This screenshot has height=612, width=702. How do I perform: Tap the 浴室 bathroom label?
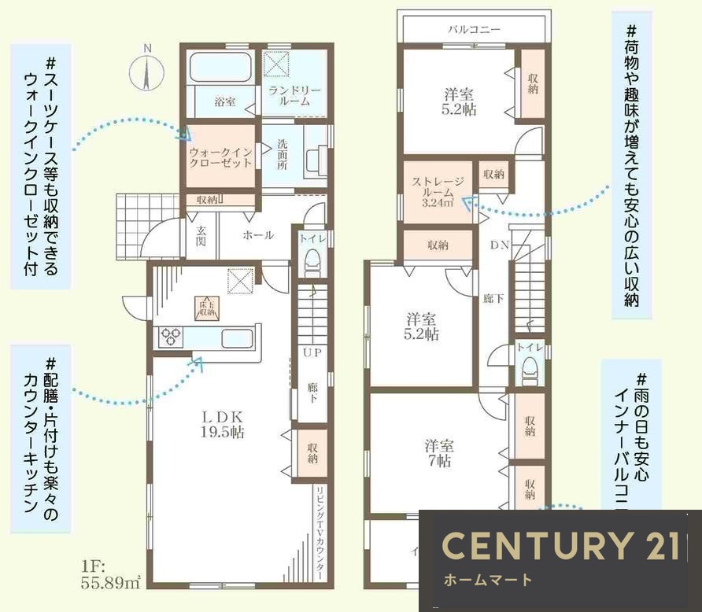pyautogui.click(x=225, y=101)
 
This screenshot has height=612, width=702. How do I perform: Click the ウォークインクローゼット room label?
pyautogui.click(x=220, y=155)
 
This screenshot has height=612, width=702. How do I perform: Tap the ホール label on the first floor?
pyautogui.click(x=257, y=235)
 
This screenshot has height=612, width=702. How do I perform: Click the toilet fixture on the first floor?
pyautogui.click(x=312, y=259)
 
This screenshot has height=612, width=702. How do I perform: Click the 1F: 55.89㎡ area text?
pyautogui.click(x=109, y=574)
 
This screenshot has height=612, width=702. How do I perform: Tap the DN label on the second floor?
pyautogui.click(x=500, y=245)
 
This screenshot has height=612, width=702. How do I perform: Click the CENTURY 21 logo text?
pyautogui.click(x=560, y=546)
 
